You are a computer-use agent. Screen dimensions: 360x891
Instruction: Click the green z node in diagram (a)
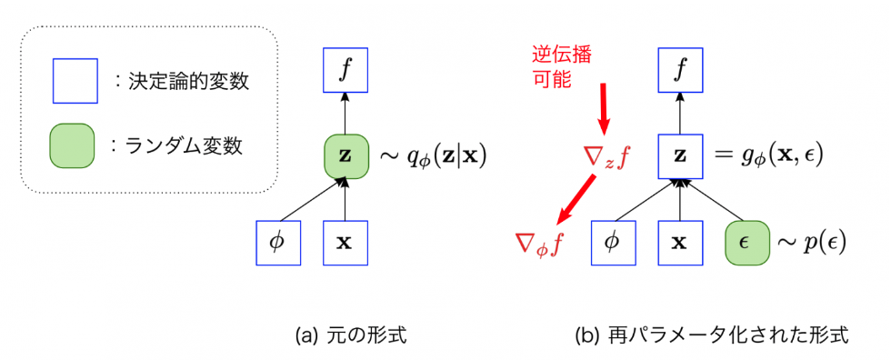pyautogui.click(x=345, y=155)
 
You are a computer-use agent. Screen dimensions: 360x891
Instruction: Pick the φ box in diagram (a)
pyautogui.click(x=278, y=243)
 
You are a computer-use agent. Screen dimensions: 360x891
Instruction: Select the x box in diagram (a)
pyautogui.click(x=345, y=243)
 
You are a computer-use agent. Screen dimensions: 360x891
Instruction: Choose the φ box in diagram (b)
pyautogui.click(x=613, y=243)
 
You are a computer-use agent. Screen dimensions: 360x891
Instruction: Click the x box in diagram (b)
pyautogui.click(x=679, y=243)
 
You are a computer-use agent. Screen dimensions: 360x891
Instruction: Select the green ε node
pyautogui.click(x=746, y=243)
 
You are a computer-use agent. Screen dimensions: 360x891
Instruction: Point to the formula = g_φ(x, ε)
pyautogui.click(x=767, y=155)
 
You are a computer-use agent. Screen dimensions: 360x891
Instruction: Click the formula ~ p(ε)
pyautogui.click(x=810, y=244)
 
